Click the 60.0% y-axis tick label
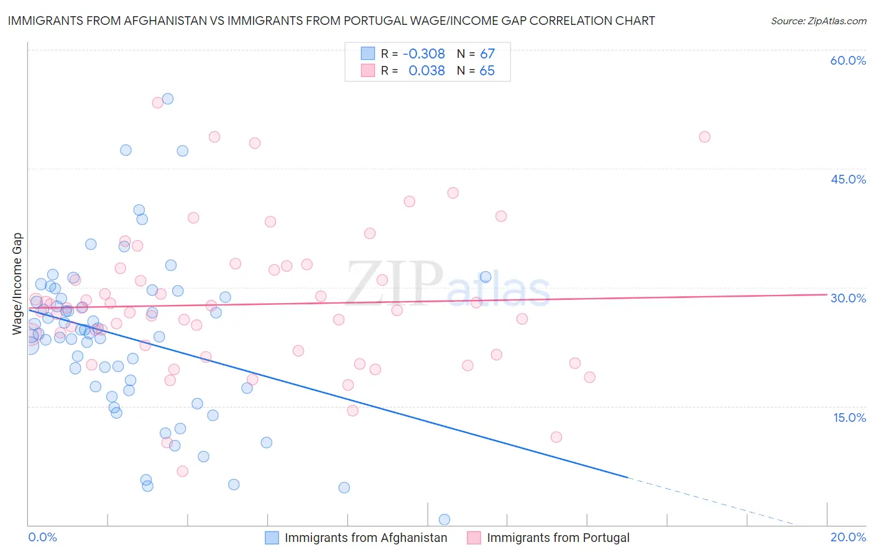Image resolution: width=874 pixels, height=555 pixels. (848, 60)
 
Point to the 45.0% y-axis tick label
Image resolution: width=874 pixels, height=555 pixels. (848, 179)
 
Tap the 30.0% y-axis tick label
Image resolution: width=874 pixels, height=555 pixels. (848, 298)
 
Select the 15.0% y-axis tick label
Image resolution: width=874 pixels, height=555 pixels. (849, 417)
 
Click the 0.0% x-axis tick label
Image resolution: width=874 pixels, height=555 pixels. (42, 537)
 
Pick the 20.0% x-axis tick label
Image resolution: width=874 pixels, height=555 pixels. (848, 537)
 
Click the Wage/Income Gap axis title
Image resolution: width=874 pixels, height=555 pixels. (17, 284)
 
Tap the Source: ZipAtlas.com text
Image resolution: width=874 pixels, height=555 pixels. (818, 21)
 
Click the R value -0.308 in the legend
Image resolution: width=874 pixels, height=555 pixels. (424, 54)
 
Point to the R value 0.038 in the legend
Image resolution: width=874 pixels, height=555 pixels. (426, 71)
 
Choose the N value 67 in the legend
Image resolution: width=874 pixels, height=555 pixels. (487, 54)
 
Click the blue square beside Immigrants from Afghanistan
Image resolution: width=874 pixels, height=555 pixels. (272, 538)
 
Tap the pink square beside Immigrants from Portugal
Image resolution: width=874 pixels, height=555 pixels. (474, 538)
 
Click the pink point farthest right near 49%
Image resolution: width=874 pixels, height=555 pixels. (704, 137)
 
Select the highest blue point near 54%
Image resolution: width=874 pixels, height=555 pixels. (167, 99)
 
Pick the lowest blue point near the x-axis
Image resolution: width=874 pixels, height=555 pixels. (444, 520)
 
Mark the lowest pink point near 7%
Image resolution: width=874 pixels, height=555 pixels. (182, 471)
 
